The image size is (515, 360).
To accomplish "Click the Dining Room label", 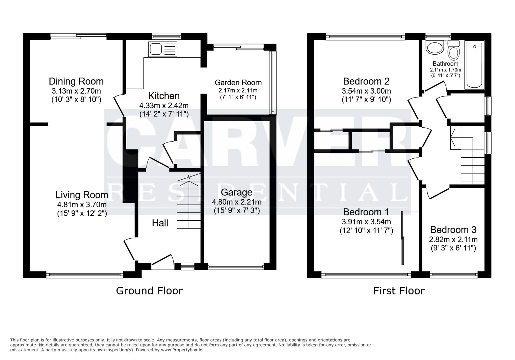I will tap(76, 81).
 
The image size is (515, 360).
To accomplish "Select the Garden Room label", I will tap(238, 83).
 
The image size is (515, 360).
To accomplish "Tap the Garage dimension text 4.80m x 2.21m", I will tap(236, 202).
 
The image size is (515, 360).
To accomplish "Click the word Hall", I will tap(160, 223).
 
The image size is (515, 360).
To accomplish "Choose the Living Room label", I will tap(82, 195).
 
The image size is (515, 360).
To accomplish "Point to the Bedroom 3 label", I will tap(453, 230).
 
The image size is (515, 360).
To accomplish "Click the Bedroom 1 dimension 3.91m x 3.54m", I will tap(366, 222).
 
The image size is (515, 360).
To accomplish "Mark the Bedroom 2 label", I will tap(366, 81).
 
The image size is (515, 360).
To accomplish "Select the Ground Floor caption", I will tap(149, 291).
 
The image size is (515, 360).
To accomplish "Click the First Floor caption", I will tap(399, 291).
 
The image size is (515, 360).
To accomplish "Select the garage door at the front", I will tap(236, 267).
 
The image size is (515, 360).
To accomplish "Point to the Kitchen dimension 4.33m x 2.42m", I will tap(164, 105).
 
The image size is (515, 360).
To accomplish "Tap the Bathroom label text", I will tap(445, 64).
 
